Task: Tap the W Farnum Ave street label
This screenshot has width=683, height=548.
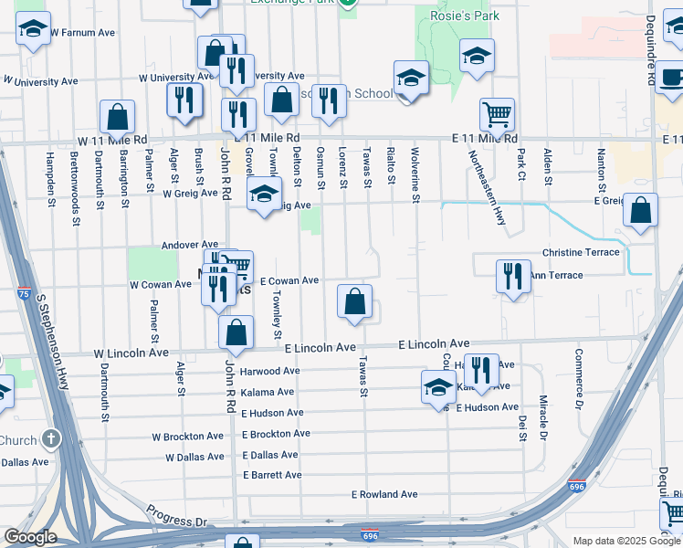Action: coord(82,32)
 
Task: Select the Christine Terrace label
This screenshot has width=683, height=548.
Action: coord(580,252)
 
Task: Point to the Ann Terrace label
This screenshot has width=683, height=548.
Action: coord(555,275)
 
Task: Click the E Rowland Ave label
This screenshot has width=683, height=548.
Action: coord(384,495)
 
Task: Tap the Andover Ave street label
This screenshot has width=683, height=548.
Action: coord(190,245)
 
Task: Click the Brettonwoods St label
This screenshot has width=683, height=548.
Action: coord(74,184)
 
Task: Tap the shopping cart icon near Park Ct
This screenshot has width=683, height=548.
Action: coord(497,114)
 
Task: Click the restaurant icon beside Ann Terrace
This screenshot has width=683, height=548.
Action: coord(512,276)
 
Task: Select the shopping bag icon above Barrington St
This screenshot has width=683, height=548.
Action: coord(117,116)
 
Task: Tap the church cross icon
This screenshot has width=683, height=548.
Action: coord(51,439)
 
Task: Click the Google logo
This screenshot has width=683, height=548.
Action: coord(30,537)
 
